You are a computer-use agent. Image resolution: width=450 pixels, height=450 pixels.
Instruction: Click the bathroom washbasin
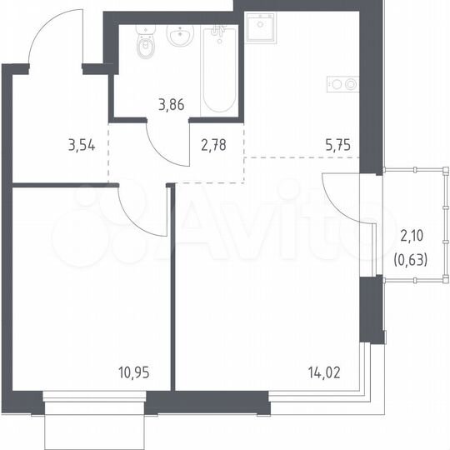180,37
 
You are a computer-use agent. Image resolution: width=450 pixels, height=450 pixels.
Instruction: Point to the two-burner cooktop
343,84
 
